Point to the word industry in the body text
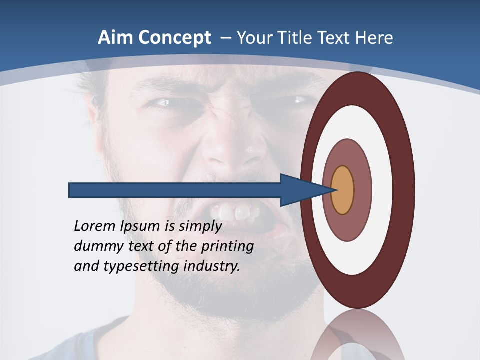coord(212,266)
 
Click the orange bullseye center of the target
coord(342,190)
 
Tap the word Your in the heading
coord(255,38)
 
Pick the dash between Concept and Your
coord(225,38)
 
